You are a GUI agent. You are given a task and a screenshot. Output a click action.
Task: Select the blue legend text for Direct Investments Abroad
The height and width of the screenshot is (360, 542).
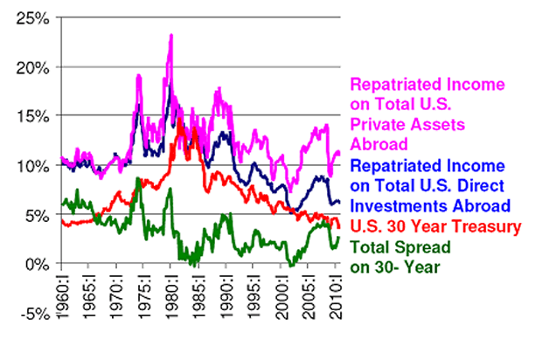[x=428, y=185]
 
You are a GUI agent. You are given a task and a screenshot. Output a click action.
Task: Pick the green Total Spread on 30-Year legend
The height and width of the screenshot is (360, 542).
[x=399, y=257]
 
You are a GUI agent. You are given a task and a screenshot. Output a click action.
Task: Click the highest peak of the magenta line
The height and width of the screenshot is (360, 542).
[x=171, y=36]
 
